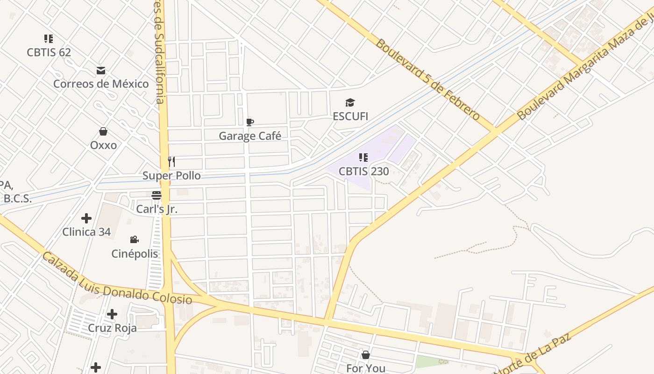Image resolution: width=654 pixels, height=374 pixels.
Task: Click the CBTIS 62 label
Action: pos(49,52)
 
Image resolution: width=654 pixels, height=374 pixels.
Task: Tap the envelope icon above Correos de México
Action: pos(101,71)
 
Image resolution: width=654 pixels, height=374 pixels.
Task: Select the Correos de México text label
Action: pos(101,84)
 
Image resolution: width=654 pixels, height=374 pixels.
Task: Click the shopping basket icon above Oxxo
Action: pos(103,132)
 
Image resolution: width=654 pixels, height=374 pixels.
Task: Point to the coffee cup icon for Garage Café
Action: pos(250,122)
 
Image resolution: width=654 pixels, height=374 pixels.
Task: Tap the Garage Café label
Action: pos(250,136)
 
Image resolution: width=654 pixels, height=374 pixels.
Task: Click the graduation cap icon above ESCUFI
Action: pos(350,103)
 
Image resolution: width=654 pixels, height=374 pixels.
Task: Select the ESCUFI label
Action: pos(350,116)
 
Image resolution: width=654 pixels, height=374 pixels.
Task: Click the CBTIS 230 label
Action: pos(363,172)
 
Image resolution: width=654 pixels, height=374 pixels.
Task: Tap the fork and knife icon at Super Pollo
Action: pos(171,162)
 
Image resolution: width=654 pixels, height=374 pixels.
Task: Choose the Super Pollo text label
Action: pos(171,176)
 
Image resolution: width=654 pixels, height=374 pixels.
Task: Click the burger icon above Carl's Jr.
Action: pos(156,195)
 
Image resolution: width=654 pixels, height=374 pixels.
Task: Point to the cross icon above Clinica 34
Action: pos(86,218)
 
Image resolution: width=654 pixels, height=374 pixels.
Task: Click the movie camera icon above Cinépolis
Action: pos(135,240)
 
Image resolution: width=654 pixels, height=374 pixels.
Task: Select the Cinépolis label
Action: pos(135,254)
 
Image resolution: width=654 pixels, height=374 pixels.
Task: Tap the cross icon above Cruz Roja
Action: pos(112,314)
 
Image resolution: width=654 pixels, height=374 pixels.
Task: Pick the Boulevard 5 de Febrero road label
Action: pos(427,79)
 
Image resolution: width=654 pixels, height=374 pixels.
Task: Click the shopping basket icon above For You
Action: pos(366,355)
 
